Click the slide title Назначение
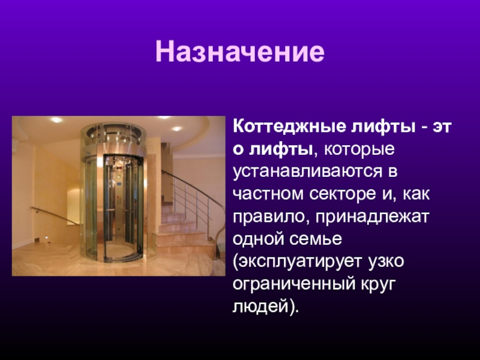239,53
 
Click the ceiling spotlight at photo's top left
57,120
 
